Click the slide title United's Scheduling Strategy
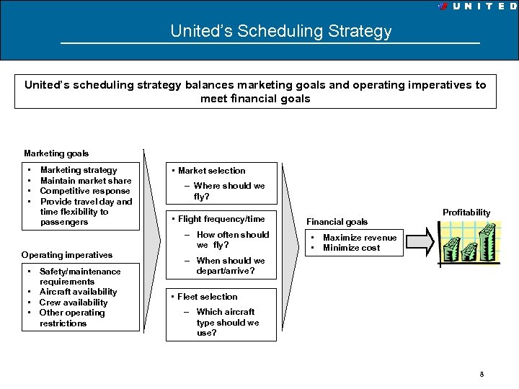click(x=280, y=32)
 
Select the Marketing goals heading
click(x=56, y=153)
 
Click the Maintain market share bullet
click(x=85, y=181)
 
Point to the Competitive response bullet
click(x=85, y=191)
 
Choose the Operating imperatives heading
click(x=67, y=255)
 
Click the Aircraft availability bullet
click(x=78, y=292)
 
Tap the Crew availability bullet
click(x=74, y=303)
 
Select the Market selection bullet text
click(x=211, y=171)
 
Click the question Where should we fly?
click(x=229, y=191)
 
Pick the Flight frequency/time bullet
click(x=221, y=219)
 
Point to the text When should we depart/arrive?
click(x=230, y=266)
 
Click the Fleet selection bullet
click(x=207, y=297)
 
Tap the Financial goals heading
click(x=337, y=222)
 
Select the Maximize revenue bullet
click(x=359, y=238)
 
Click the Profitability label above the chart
click(x=466, y=213)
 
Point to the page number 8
click(x=482, y=375)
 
